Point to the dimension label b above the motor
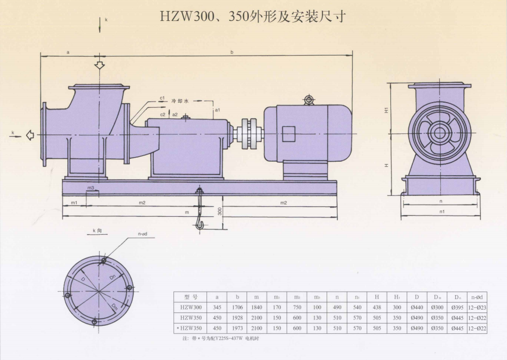tap(231, 52)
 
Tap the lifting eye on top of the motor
tap(309, 100)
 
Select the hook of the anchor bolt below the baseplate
tap(200, 223)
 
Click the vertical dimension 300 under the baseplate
tap(220, 211)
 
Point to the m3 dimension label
tap(91, 188)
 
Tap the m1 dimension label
tap(74, 202)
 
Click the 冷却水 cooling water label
tap(180, 100)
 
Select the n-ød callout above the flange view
tap(143, 234)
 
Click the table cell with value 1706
tap(237, 307)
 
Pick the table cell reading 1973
tap(237, 328)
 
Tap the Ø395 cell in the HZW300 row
tap(458, 307)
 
